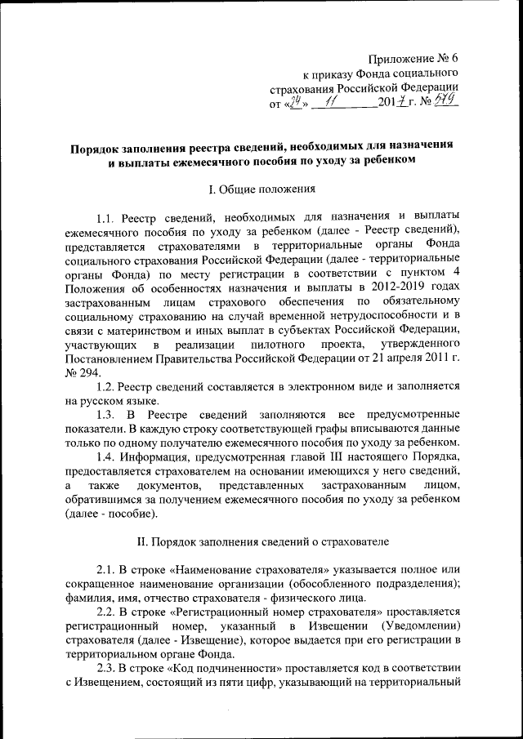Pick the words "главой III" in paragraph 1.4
(x=296, y=454)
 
